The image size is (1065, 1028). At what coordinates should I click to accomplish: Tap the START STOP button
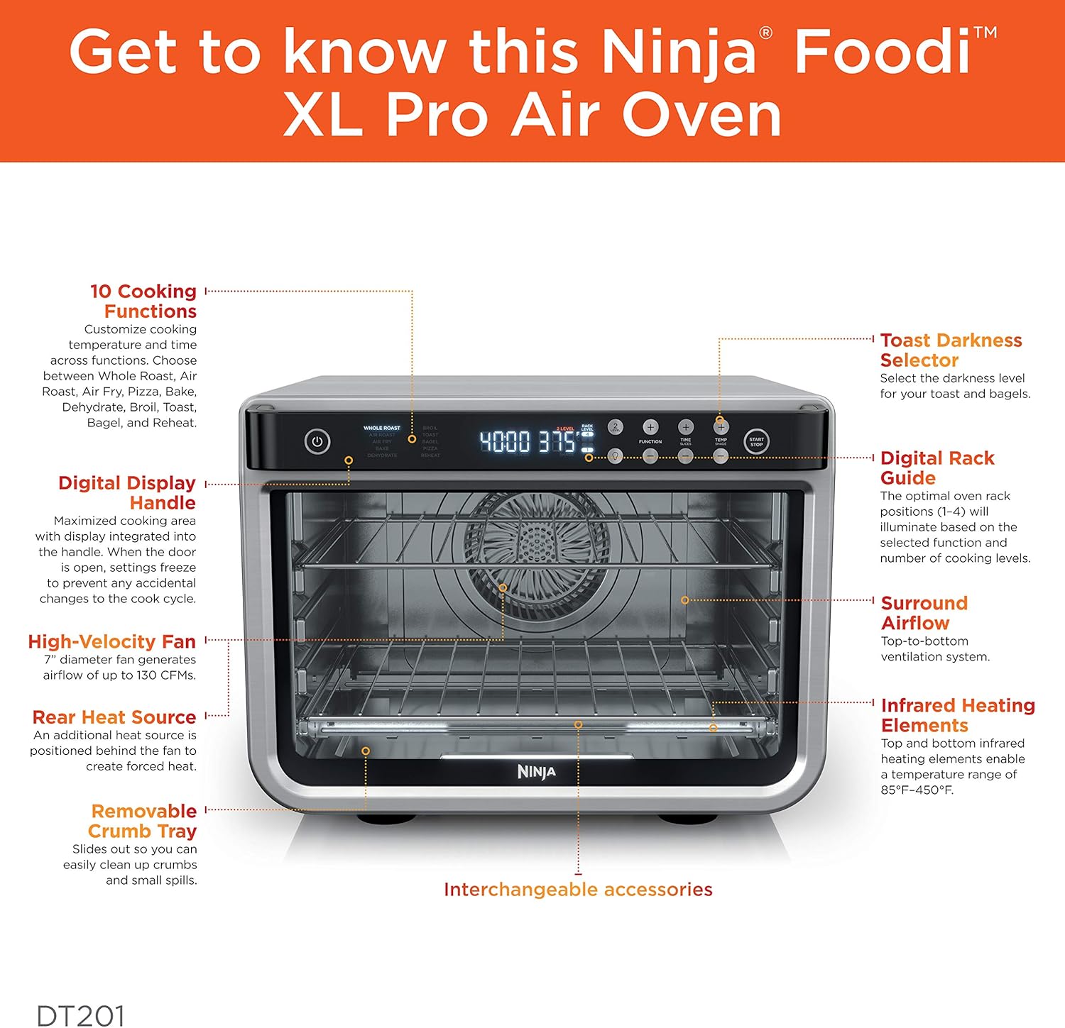pyautogui.click(x=756, y=442)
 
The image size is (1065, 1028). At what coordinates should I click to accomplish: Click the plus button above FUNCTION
pyautogui.click(x=650, y=427)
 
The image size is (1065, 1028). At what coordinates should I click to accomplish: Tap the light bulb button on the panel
pyautogui.click(x=615, y=456)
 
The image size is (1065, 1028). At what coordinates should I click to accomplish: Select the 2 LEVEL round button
pyautogui.click(x=615, y=427)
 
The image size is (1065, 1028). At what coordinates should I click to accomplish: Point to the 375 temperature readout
pyautogui.click(x=558, y=442)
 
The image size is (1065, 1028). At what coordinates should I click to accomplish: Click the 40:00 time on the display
pyautogui.click(x=505, y=442)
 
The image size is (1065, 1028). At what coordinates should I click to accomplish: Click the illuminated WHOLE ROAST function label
pyautogui.click(x=382, y=428)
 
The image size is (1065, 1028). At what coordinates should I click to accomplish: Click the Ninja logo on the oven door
pyautogui.click(x=536, y=772)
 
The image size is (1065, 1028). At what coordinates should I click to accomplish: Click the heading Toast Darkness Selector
pyautogui.click(x=950, y=350)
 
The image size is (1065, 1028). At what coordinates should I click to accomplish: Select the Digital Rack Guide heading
pyautogui.click(x=936, y=468)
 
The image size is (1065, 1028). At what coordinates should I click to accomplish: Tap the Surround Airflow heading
pyautogui.click(x=924, y=613)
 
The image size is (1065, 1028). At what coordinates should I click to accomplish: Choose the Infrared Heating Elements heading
pyautogui.click(x=957, y=715)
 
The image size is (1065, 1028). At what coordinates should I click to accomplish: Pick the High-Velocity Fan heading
pyautogui.click(x=111, y=642)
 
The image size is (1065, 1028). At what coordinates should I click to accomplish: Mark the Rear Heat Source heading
pyautogui.click(x=114, y=717)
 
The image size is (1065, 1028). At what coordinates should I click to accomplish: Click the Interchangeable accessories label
pyautogui.click(x=578, y=890)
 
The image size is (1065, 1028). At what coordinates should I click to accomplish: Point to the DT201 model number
pyautogui.click(x=80, y=1015)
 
